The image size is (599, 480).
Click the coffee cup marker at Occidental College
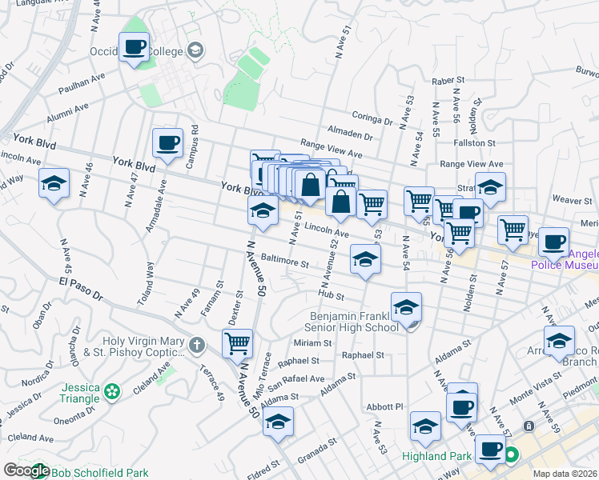[x=134, y=48]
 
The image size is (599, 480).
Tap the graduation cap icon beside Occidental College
[x=195, y=51]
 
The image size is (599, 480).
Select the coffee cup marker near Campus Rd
[x=168, y=144]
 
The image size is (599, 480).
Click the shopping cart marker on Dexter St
[x=237, y=345]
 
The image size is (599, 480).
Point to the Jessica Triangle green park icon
[x=112, y=391]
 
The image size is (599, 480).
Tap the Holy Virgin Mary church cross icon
[x=197, y=346]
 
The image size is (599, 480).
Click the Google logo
[x=26, y=471]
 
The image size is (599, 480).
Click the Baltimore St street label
[x=284, y=262]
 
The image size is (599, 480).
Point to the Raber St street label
[x=448, y=81]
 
